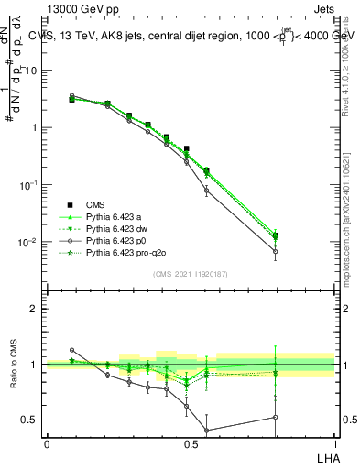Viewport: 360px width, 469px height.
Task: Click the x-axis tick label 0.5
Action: tap(191, 443)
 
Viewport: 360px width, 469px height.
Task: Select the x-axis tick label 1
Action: tap(334, 443)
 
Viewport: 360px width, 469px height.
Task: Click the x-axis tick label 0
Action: tap(47, 443)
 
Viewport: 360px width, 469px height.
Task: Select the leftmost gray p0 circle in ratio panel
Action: tap(72, 350)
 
